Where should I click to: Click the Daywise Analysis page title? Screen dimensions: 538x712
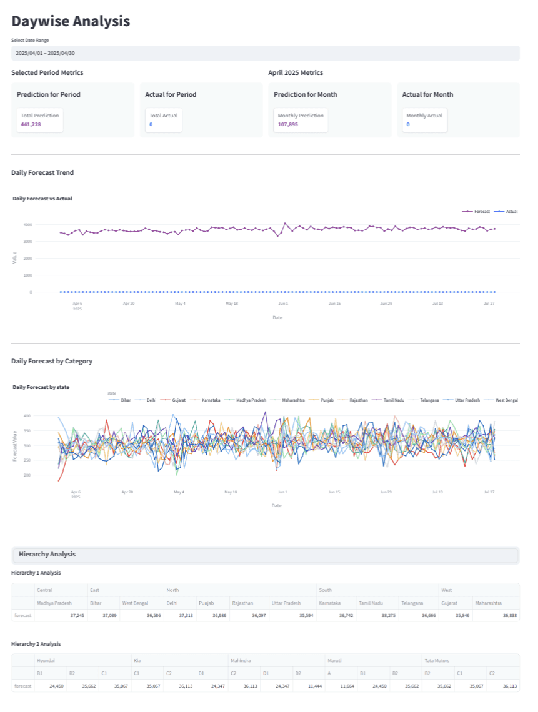tap(71, 21)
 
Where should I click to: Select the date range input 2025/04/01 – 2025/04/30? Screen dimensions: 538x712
tap(266, 53)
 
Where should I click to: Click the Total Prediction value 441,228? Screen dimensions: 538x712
tap(31, 124)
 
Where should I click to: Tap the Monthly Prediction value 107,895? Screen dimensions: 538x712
tap(288, 124)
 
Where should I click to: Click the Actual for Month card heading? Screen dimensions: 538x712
tap(427, 94)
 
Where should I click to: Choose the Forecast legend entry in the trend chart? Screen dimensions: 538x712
tap(476, 212)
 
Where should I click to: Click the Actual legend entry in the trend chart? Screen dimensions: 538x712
tap(506, 212)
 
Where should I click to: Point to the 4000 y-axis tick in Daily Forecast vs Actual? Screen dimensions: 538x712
tap(27, 225)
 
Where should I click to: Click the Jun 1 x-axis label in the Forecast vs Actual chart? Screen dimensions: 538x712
tap(283, 304)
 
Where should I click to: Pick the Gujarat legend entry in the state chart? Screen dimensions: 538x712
tap(172, 400)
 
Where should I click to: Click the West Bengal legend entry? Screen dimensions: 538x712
tap(501, 400)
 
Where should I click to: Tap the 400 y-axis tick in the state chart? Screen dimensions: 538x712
tap(27, 416)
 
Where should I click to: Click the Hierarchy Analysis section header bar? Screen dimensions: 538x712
tap(266, 555)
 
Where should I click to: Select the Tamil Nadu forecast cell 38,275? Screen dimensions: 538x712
tap(389, 616)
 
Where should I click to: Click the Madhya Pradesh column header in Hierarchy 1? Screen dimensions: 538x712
tap(54, 603)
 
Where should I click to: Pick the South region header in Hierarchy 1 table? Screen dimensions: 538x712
tap(326, 590)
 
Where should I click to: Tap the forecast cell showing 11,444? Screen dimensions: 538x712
tap(315, 686)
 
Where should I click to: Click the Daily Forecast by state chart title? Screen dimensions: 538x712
tap(41, 387)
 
